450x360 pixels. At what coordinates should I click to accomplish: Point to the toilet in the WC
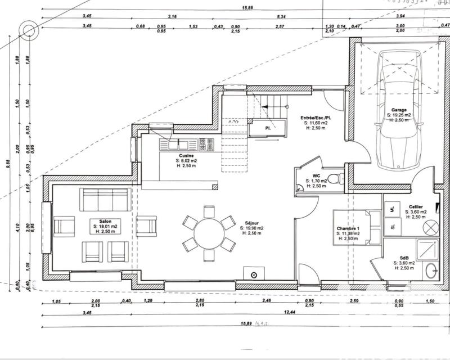coord(335,179)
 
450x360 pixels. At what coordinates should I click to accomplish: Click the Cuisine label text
coord(187,155)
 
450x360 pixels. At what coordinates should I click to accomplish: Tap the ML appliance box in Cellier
coord(391,209)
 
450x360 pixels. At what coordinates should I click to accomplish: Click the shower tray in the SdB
coord(428,247)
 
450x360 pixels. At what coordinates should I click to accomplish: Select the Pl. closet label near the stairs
coord(269,128)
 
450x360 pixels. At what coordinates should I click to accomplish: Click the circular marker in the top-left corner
coord(26,29)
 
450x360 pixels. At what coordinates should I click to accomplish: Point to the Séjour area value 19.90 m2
coord(252,228)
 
